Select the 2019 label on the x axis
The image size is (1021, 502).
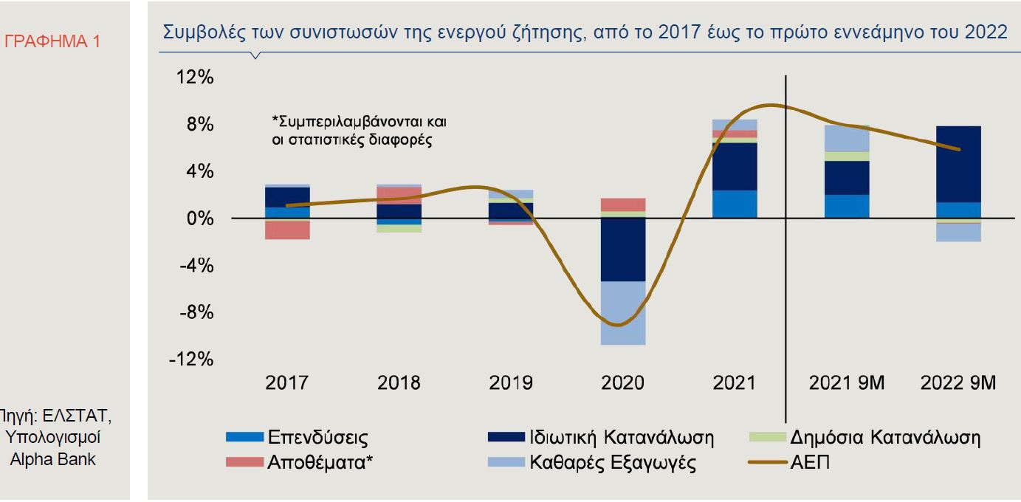point(511,383)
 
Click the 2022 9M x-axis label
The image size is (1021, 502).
point(959,383)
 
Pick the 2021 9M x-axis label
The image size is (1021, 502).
point(847,383)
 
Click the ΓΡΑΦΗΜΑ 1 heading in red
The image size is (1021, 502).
point(52,41)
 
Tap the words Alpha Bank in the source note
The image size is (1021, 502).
point(53,458)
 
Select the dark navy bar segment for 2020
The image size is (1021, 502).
point(623,250)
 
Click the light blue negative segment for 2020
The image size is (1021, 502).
point(623,313)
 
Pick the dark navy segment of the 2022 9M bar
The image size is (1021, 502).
point(958,164)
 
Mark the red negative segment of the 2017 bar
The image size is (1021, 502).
point(286,230)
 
